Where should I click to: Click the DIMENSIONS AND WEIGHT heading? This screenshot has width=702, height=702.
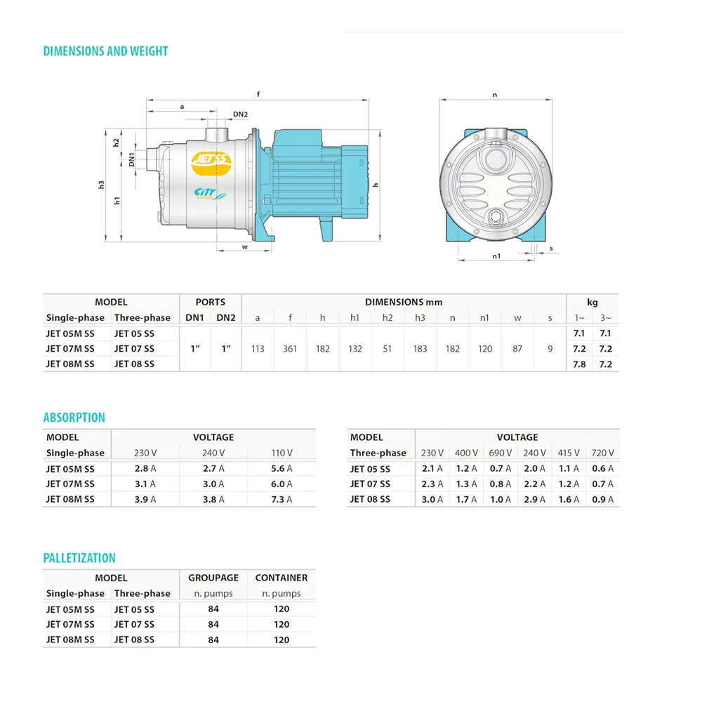click(x=106, y=51)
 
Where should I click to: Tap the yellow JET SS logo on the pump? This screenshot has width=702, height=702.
click(x=211, y=163)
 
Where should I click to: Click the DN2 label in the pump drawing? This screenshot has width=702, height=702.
click(x=240, y=114)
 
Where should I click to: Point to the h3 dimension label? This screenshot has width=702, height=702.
click(x=101, y=185)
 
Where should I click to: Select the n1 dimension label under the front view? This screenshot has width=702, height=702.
click(x=496, y=256)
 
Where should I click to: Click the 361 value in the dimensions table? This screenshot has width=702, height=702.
click(x=290, y=349)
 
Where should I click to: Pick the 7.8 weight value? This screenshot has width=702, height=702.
click(x=579, y=364)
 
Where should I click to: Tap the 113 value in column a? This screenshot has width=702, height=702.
click(x=258, y=349)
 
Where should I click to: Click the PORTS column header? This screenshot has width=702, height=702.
click(x=211, y=302)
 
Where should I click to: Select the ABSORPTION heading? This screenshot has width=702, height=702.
click(x=74, y=418)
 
